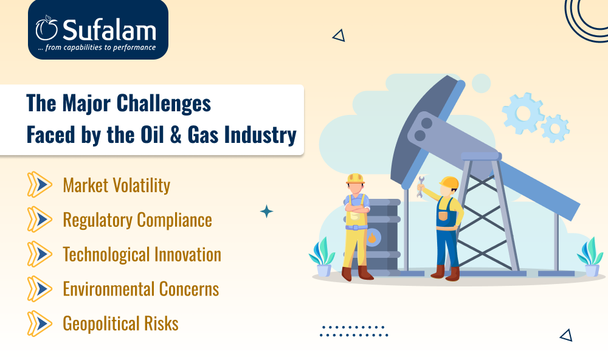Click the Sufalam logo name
tap(109, 29)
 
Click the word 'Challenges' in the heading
tap(164, 104)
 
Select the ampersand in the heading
tap(176, 134)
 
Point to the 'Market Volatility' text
tap(117, 185)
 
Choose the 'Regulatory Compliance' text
tap(137, 220)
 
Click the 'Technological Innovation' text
tap(142, 254)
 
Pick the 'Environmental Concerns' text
tap(141, 289)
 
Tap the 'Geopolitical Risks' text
tap(120, 324)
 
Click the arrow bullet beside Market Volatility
tap(40, 185)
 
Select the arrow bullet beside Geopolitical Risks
tap(40, 324)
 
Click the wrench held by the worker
tap(420, 187)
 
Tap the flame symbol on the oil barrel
tap(372, 237)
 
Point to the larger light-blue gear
tap(523, 113)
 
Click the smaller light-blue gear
tap(555, 128)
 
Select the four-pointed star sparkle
tap(266, 212)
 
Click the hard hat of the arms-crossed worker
tap(355, 179)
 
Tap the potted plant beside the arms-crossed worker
tap(322, 258)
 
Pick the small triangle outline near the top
tap(339, 36)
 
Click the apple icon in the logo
tap(47, 29)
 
